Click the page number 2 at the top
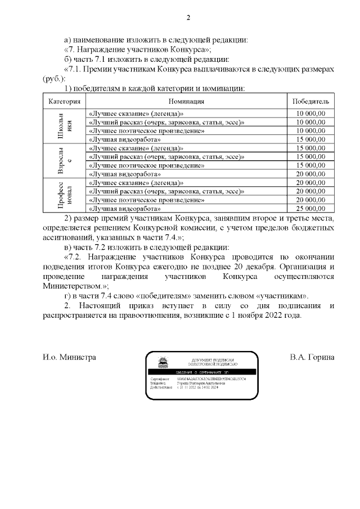(x=188, y=17)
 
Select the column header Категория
(x=64, y=101)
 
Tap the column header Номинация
(x=186, y=101)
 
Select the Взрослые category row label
(x=64, y=161)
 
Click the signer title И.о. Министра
(x=69, y=357)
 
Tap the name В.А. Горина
(x=312, y=357)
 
